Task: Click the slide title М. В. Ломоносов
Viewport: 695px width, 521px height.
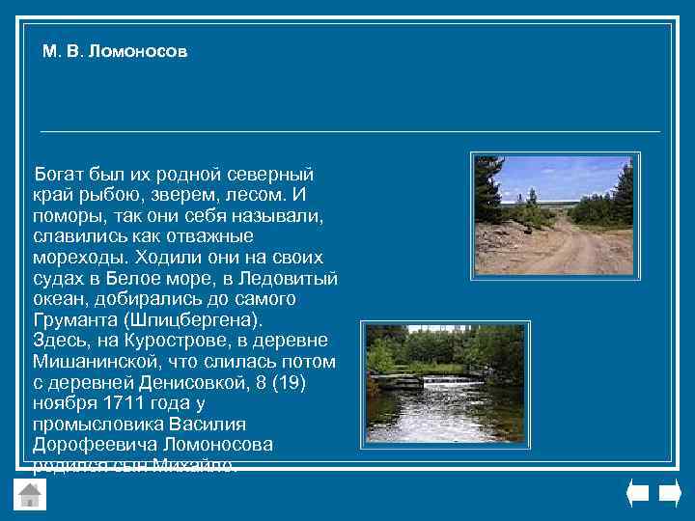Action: point(115,51)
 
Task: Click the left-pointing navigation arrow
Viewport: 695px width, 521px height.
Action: point(637,493)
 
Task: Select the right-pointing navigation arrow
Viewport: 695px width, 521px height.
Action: point(670,493)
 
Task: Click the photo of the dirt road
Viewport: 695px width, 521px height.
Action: point(553,214)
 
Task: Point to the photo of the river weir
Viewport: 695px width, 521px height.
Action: point(445,382)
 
